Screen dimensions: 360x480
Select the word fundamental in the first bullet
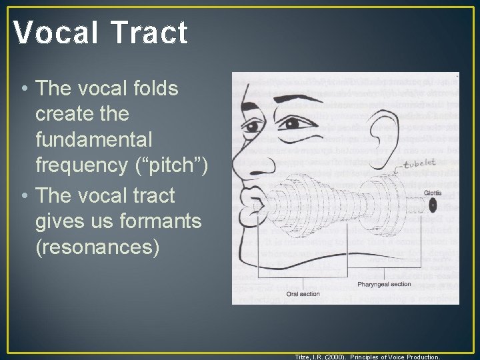pos(94,140)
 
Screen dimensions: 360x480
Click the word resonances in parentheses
pos(97,247)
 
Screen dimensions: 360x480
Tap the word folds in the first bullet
pos(154,87)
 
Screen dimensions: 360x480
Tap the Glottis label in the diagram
pos(433,193)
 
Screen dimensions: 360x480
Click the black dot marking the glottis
pos(433,206)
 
